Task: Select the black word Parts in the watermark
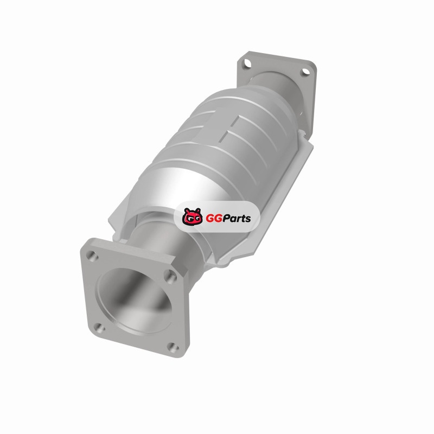pyautogui.click(x=237, y=219)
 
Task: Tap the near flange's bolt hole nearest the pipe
pyautogui.click(x=170, y=276)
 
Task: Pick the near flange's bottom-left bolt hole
pyautogui.click(x=100, y=328)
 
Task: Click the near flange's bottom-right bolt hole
pyautogui.click(x=174, y=347)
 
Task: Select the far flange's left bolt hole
pyautogui.click(x=247, y=63)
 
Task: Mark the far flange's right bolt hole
pyautogui.click(x=305, y=72)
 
